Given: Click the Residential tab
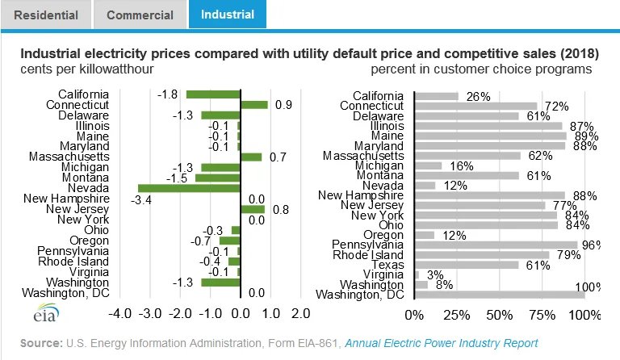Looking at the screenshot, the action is tap(46, 15).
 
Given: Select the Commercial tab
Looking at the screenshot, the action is tap(140, 15).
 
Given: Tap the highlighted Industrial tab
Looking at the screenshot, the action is tap(228, 15).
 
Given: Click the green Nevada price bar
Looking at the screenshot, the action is tap(189, 189).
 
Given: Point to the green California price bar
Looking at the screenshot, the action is tap(213, 94).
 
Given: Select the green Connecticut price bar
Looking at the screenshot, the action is tap(254, 105).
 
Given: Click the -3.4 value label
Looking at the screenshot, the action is tap(141, 200).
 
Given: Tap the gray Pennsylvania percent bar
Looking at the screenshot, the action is tap(496, 245).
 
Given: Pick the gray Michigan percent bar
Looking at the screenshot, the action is tap(428, 166).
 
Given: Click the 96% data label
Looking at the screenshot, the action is tap(591, 245).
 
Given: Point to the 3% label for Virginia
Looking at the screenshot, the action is tap(435, 274).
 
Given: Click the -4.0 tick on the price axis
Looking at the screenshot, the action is tap(119, 314).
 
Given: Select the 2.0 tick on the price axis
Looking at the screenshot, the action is tap(301, 314).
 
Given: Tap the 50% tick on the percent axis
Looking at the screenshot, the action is tap(500, 316).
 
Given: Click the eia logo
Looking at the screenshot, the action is tap(46, 313).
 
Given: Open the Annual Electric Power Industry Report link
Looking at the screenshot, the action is tap(442, 343).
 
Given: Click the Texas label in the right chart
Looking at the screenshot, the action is tap(387, 265).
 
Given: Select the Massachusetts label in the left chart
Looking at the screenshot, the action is tap(69, 157).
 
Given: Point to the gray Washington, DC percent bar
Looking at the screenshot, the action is tap(500, 295).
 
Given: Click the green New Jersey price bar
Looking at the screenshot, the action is tap(253, 209).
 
